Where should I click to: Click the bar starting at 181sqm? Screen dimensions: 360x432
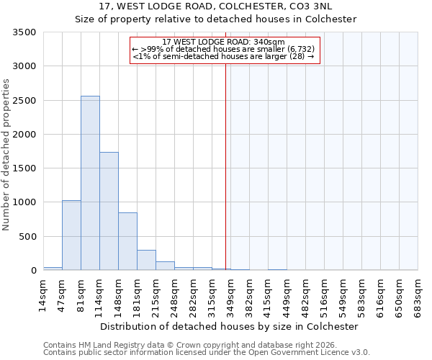(x=146, y=260)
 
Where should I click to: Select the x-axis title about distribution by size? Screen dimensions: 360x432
(x=229, y=326)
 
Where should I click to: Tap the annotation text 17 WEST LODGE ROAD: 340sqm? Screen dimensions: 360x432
(x=224, y=42)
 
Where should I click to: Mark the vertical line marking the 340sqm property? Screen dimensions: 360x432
(x=226, y=166)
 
